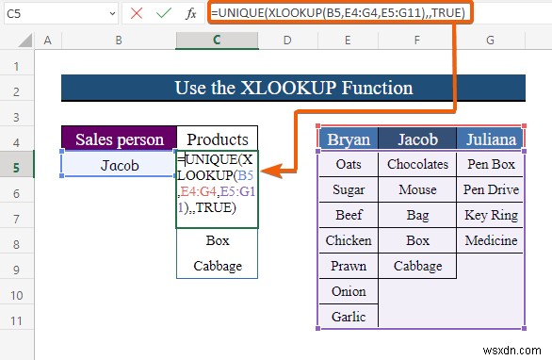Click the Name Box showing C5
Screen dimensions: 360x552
[x=38, y=12]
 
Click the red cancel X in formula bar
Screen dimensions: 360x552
[x=137, y=13]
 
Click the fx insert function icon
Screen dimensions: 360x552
[x=192, y=13]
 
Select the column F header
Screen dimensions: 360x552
[x=417, y=40]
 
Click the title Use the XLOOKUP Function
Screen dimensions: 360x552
[x=292, y=88]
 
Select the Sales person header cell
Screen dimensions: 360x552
[x=119, y=139]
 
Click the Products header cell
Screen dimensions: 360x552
[x=217, y=139]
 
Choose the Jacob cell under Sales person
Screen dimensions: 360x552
[x=119, y=164]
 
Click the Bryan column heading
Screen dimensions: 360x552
[x=348, y=139]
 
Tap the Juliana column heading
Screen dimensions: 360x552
[x=490, y=139]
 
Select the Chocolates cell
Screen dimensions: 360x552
[x=417, y=164]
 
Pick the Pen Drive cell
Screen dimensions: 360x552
[x=490, y=189]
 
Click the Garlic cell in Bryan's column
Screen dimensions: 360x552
[x=348, y=318]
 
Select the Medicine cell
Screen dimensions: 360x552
[x=490, y=240]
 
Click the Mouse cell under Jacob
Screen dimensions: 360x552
[x=417, y=189]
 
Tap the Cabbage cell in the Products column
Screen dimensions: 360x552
[x=218, y=266]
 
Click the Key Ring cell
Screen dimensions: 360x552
[x=490, y=215]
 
